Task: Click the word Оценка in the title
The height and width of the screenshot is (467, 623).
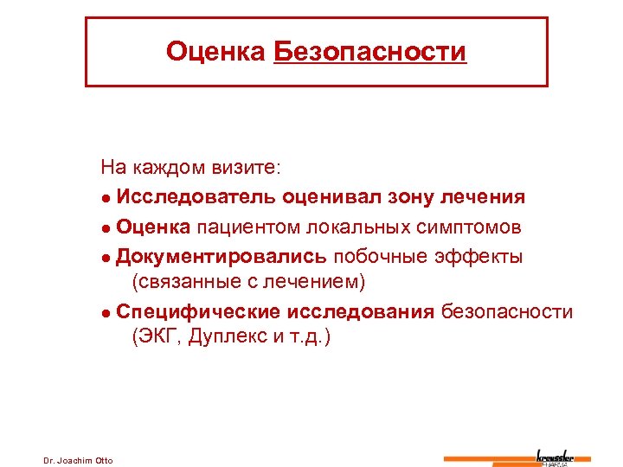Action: pos(215,52)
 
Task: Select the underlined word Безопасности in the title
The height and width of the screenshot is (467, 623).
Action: pos(369,52)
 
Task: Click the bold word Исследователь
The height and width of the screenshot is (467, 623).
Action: pos(196,196)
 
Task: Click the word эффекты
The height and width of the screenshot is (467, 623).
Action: pos(480,257)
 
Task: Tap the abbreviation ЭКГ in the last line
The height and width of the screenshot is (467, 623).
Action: pos(152,336)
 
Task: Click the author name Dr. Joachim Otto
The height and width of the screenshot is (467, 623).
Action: pos(78,459)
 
